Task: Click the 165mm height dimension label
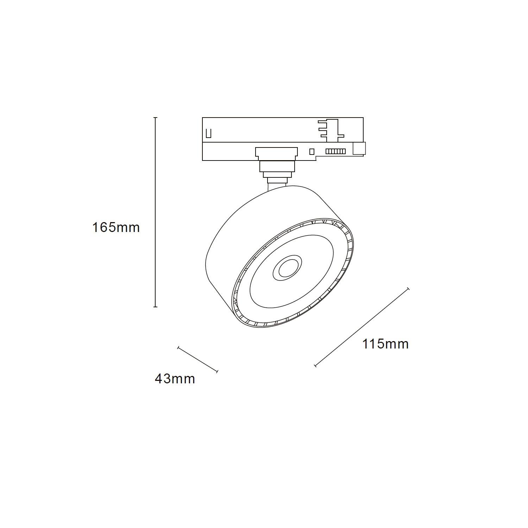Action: (x=116, y=227)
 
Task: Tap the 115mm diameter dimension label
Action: (x=385, y=344)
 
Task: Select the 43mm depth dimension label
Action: (x=175, y=379)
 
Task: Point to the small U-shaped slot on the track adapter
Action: (x=208, y=133)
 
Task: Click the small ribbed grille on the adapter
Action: (x=335, y=151)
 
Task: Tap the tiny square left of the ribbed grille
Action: (x=311, y=151)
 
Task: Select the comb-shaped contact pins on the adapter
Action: (x=331, y=128)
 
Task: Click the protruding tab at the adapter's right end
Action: (x=359, y=148)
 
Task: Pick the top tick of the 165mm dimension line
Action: (x=156, y=118)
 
